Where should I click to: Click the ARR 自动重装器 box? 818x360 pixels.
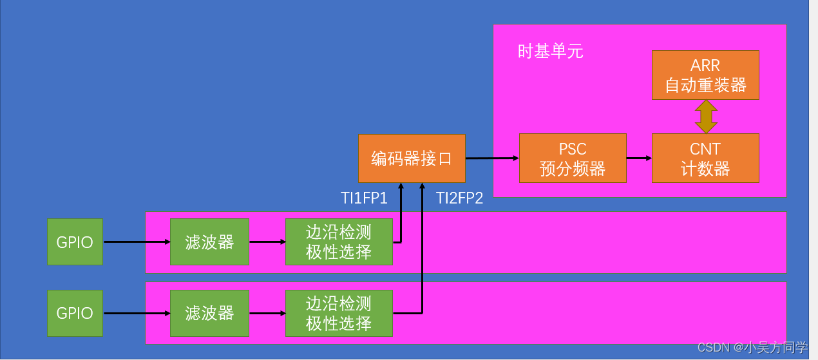coord(705,75)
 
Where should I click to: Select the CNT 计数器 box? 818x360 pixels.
coord(705,158)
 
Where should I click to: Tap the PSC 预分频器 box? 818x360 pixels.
coord(573,158)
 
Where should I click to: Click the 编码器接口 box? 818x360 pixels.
coord(412,158)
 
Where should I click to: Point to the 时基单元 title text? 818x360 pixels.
coord(550,52)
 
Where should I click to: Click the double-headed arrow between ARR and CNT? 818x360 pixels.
coord(706,117)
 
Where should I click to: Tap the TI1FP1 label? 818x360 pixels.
coord(364,198)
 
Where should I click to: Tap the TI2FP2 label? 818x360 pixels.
coord(459,198)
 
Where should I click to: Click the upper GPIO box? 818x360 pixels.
coord(75,242)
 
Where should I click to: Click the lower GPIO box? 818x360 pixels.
coord(75,313)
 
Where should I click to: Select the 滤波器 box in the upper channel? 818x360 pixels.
coord(209,242)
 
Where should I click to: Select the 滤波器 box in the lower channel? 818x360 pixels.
coord(209,313)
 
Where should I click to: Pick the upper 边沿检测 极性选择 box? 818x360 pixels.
coord(339,242)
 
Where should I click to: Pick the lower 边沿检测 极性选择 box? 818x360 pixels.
coord(339,313)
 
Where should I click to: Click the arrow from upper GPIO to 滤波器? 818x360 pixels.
coord(136,242)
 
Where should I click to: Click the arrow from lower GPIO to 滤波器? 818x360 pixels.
coord(136,314)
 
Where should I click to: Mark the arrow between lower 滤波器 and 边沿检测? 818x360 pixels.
coord(267,314)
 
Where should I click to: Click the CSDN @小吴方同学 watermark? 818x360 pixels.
coord(752,348)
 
